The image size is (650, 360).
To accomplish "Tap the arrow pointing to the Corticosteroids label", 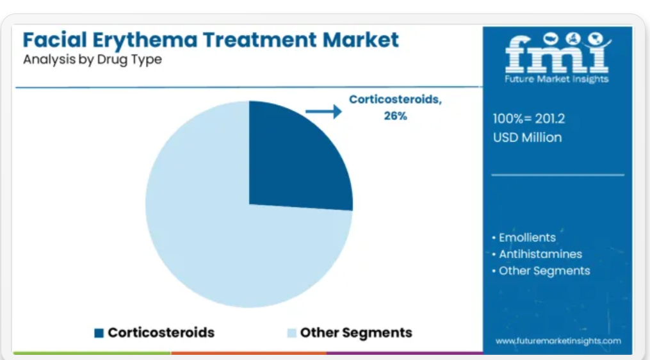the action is [x=324, y=111].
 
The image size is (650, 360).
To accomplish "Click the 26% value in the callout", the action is [x=396, y=116].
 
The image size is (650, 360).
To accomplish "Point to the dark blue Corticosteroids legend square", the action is [x=99, y=333].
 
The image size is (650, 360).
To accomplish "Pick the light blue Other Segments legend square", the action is [x=292, y=333].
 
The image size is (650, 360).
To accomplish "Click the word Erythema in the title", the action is [x=145, y=40].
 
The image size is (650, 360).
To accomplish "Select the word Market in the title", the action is [x=361, y=40].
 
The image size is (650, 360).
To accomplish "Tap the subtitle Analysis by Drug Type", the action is [x=92, y=60].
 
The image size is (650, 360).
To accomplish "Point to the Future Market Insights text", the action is [x=557, y=79].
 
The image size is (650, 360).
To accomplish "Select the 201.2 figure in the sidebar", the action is [x=549, y=119].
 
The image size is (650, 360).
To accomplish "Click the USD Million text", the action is [x=527, y=137].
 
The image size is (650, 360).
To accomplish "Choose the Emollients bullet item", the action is [x=524, y=238].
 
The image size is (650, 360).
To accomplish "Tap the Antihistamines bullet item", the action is [x=537, y=254].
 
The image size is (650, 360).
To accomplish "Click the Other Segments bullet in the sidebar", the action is [x=541, y=271].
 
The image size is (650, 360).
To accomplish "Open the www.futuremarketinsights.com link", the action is [x=558, y=341].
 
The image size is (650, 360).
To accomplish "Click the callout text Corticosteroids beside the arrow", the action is [x=396, y=99].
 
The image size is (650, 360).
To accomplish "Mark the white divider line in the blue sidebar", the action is [x=558, y=175].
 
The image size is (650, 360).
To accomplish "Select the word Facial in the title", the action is [x=54, y=40].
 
